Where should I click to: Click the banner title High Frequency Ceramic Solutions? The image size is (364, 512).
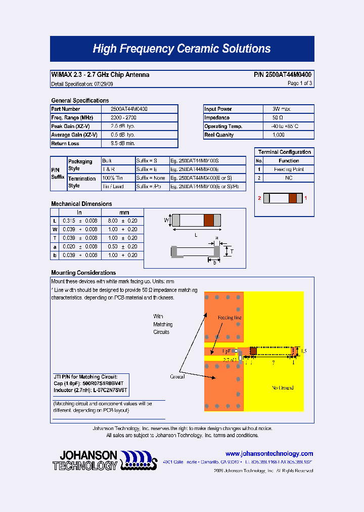click(x=181, y=49)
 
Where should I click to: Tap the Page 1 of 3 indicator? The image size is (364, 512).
click(x=299, y=83)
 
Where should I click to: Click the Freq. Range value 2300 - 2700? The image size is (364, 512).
click(x=123, y=118)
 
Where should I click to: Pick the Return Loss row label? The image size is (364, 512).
click(x=65, y=144)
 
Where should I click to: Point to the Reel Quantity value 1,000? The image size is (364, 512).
click(x=278, y=135)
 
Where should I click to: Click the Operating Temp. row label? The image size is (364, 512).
click(x=223, y=126)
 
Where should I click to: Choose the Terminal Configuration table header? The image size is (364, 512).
click(x=284, y=152)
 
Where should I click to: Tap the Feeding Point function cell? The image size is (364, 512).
click(x=289, y=169)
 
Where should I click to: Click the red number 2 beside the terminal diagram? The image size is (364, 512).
click(x=259, y=198)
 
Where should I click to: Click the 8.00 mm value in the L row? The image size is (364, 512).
click(x=112, y=221)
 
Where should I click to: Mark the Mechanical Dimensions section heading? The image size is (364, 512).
click(x=81, y=204)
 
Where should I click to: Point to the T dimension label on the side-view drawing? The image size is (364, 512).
click(x=232, y=251)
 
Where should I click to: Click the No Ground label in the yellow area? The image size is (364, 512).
click(x=282, y=388)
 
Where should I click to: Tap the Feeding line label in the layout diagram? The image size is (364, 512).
click(x=230, y=318)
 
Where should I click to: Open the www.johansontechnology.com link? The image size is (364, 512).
click(x=269, y=454)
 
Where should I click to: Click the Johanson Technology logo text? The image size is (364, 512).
click(x=85, y=460)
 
